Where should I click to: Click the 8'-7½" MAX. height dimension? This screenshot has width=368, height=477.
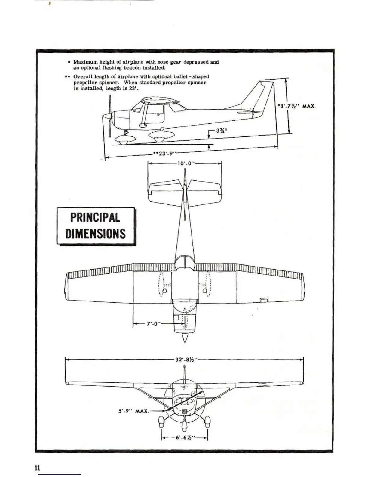pyautogui.click(x=296, y=106)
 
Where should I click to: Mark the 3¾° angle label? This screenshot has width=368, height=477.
pyautogui.click(x=222, y=131)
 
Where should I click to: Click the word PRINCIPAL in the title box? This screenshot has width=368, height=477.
pyautogui.click(x=95, y=217)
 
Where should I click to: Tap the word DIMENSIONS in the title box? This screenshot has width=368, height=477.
pyautogui.click(x=95, y=234)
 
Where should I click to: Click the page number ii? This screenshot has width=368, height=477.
pyautogui.click(x=37, y=468)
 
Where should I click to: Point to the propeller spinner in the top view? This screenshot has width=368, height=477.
pyautogui.click(x=185, y=337)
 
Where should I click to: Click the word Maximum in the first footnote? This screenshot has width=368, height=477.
pyautogui.click(x=86, y=62)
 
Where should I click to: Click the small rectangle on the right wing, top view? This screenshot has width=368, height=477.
pyautogui.click(x=264, y=299)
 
